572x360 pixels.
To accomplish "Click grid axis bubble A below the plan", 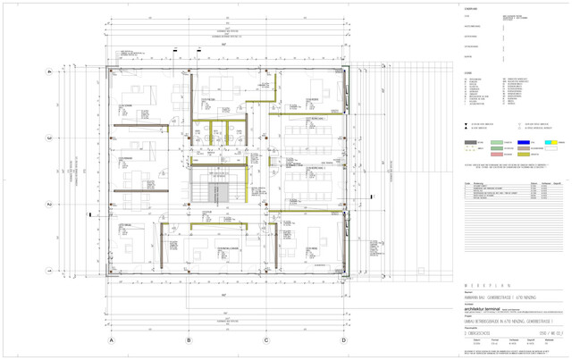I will tap(111, 340).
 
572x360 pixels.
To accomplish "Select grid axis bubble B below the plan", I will tap(189, 340).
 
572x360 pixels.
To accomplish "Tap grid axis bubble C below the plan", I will tap(266, 340).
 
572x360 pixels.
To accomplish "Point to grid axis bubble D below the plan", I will tap(344, 340).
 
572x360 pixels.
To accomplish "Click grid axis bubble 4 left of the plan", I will tap(51, 72).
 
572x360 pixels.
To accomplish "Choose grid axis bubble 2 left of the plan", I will tap(51, 205).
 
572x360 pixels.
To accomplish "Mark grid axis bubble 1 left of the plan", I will tap(51, 271).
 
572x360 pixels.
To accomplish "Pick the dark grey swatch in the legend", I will tap(471, 142).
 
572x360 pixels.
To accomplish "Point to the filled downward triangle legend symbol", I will tap(467, 123).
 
